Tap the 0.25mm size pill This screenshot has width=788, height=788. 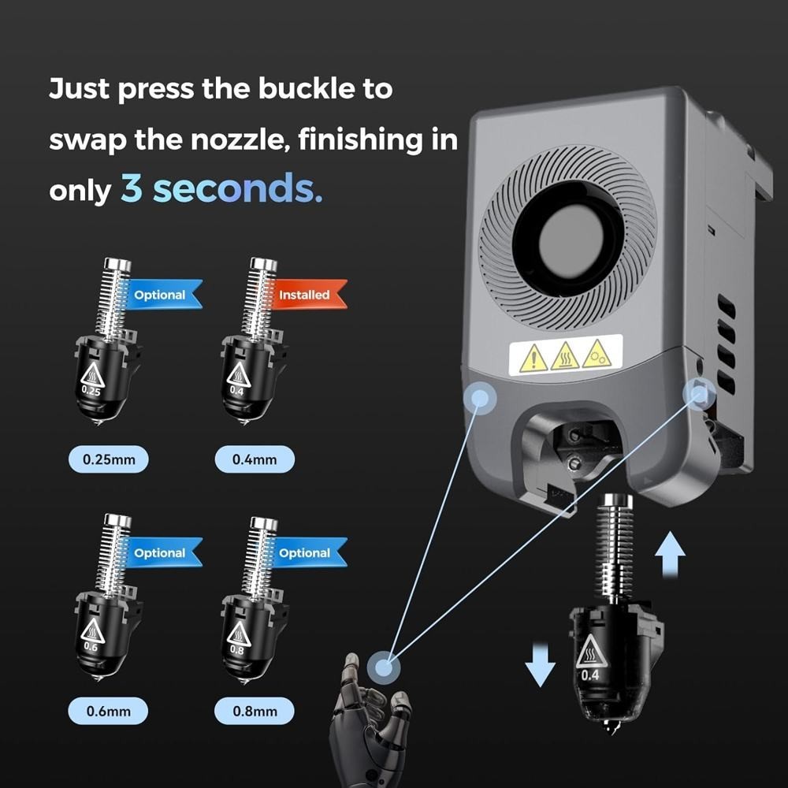[x=109, y=459]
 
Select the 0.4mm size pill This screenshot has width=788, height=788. [x=255, y=459]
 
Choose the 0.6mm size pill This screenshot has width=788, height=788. [x=108, y=711]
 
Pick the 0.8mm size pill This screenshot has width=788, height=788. [x=255, y=711]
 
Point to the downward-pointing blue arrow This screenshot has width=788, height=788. [x=541, y=664]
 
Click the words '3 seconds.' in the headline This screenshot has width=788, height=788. [x=221, y=188]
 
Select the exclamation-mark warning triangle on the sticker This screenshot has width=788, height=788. [x=533, y=359]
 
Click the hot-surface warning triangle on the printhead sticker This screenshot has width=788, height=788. [x=565, y=356]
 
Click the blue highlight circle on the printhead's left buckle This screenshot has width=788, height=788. [x=480, y=398]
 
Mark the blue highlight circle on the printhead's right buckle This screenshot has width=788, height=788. [x=700, y=392]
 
